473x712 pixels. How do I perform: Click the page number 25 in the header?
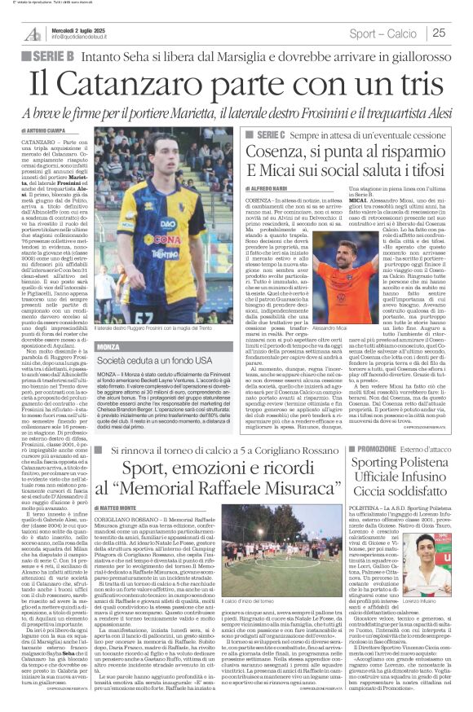pyautogui.click(x=461, y=33)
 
